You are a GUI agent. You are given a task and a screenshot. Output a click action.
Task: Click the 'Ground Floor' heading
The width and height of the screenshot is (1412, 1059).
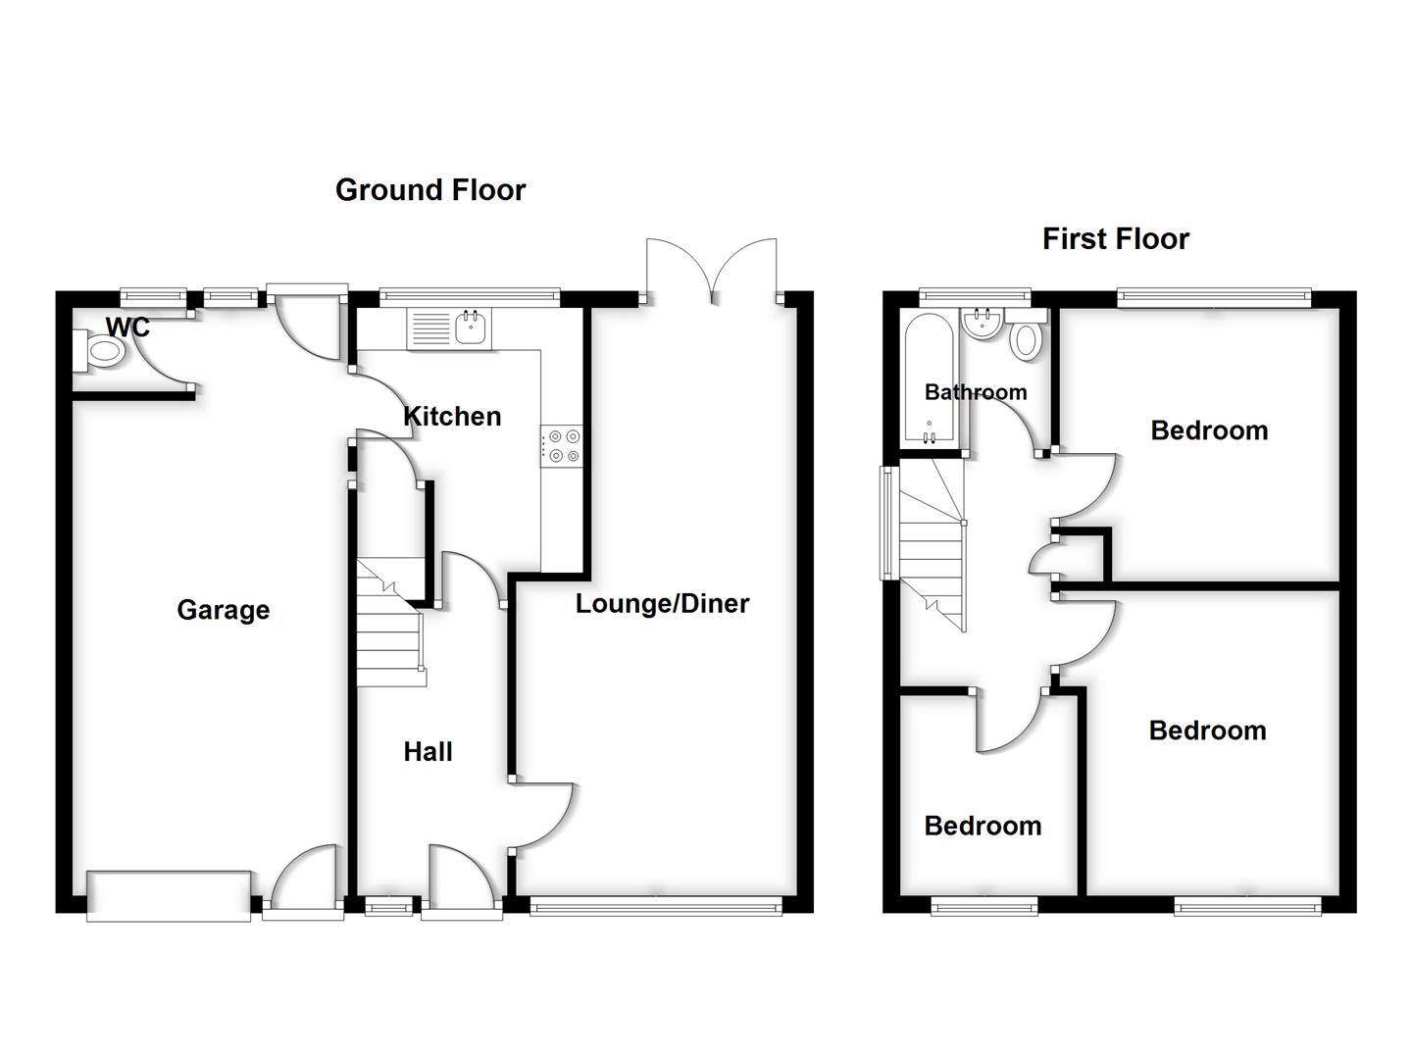(430, 190)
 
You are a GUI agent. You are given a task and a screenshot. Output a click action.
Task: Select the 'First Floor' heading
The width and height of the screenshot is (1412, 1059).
(1115, 239)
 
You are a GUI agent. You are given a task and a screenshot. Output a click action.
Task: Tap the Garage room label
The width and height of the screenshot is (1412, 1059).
(223, 610)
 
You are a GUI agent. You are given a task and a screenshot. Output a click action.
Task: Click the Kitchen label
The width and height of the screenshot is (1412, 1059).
(452, 417)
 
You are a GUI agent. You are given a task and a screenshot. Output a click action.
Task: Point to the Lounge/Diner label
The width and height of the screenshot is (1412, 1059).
(662, 604)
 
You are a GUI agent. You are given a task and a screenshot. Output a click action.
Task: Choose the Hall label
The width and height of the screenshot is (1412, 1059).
(428, 752)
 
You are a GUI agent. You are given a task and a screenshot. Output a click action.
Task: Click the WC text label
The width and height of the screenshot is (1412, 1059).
(127, 328)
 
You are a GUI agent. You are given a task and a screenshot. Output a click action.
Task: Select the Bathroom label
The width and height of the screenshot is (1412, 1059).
(976, 392)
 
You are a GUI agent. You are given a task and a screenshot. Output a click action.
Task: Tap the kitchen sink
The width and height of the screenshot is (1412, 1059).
(472, 328)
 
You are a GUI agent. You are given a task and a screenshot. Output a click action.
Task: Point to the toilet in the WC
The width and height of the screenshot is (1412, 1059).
(100, 351)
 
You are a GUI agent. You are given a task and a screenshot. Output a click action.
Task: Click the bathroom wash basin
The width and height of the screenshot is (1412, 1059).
(982, 325)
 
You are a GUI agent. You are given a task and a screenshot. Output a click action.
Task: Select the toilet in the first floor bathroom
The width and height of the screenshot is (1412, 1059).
(1026, 337)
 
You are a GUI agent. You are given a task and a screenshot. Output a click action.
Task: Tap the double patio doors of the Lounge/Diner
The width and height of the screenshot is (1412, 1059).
(712, 270)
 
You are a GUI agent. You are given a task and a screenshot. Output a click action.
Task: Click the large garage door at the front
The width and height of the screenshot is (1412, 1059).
(169, 895)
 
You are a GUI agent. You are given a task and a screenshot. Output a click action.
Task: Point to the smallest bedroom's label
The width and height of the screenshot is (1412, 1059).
(983, 827)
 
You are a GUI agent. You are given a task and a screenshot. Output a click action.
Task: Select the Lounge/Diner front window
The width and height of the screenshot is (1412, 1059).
(656, 907)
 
